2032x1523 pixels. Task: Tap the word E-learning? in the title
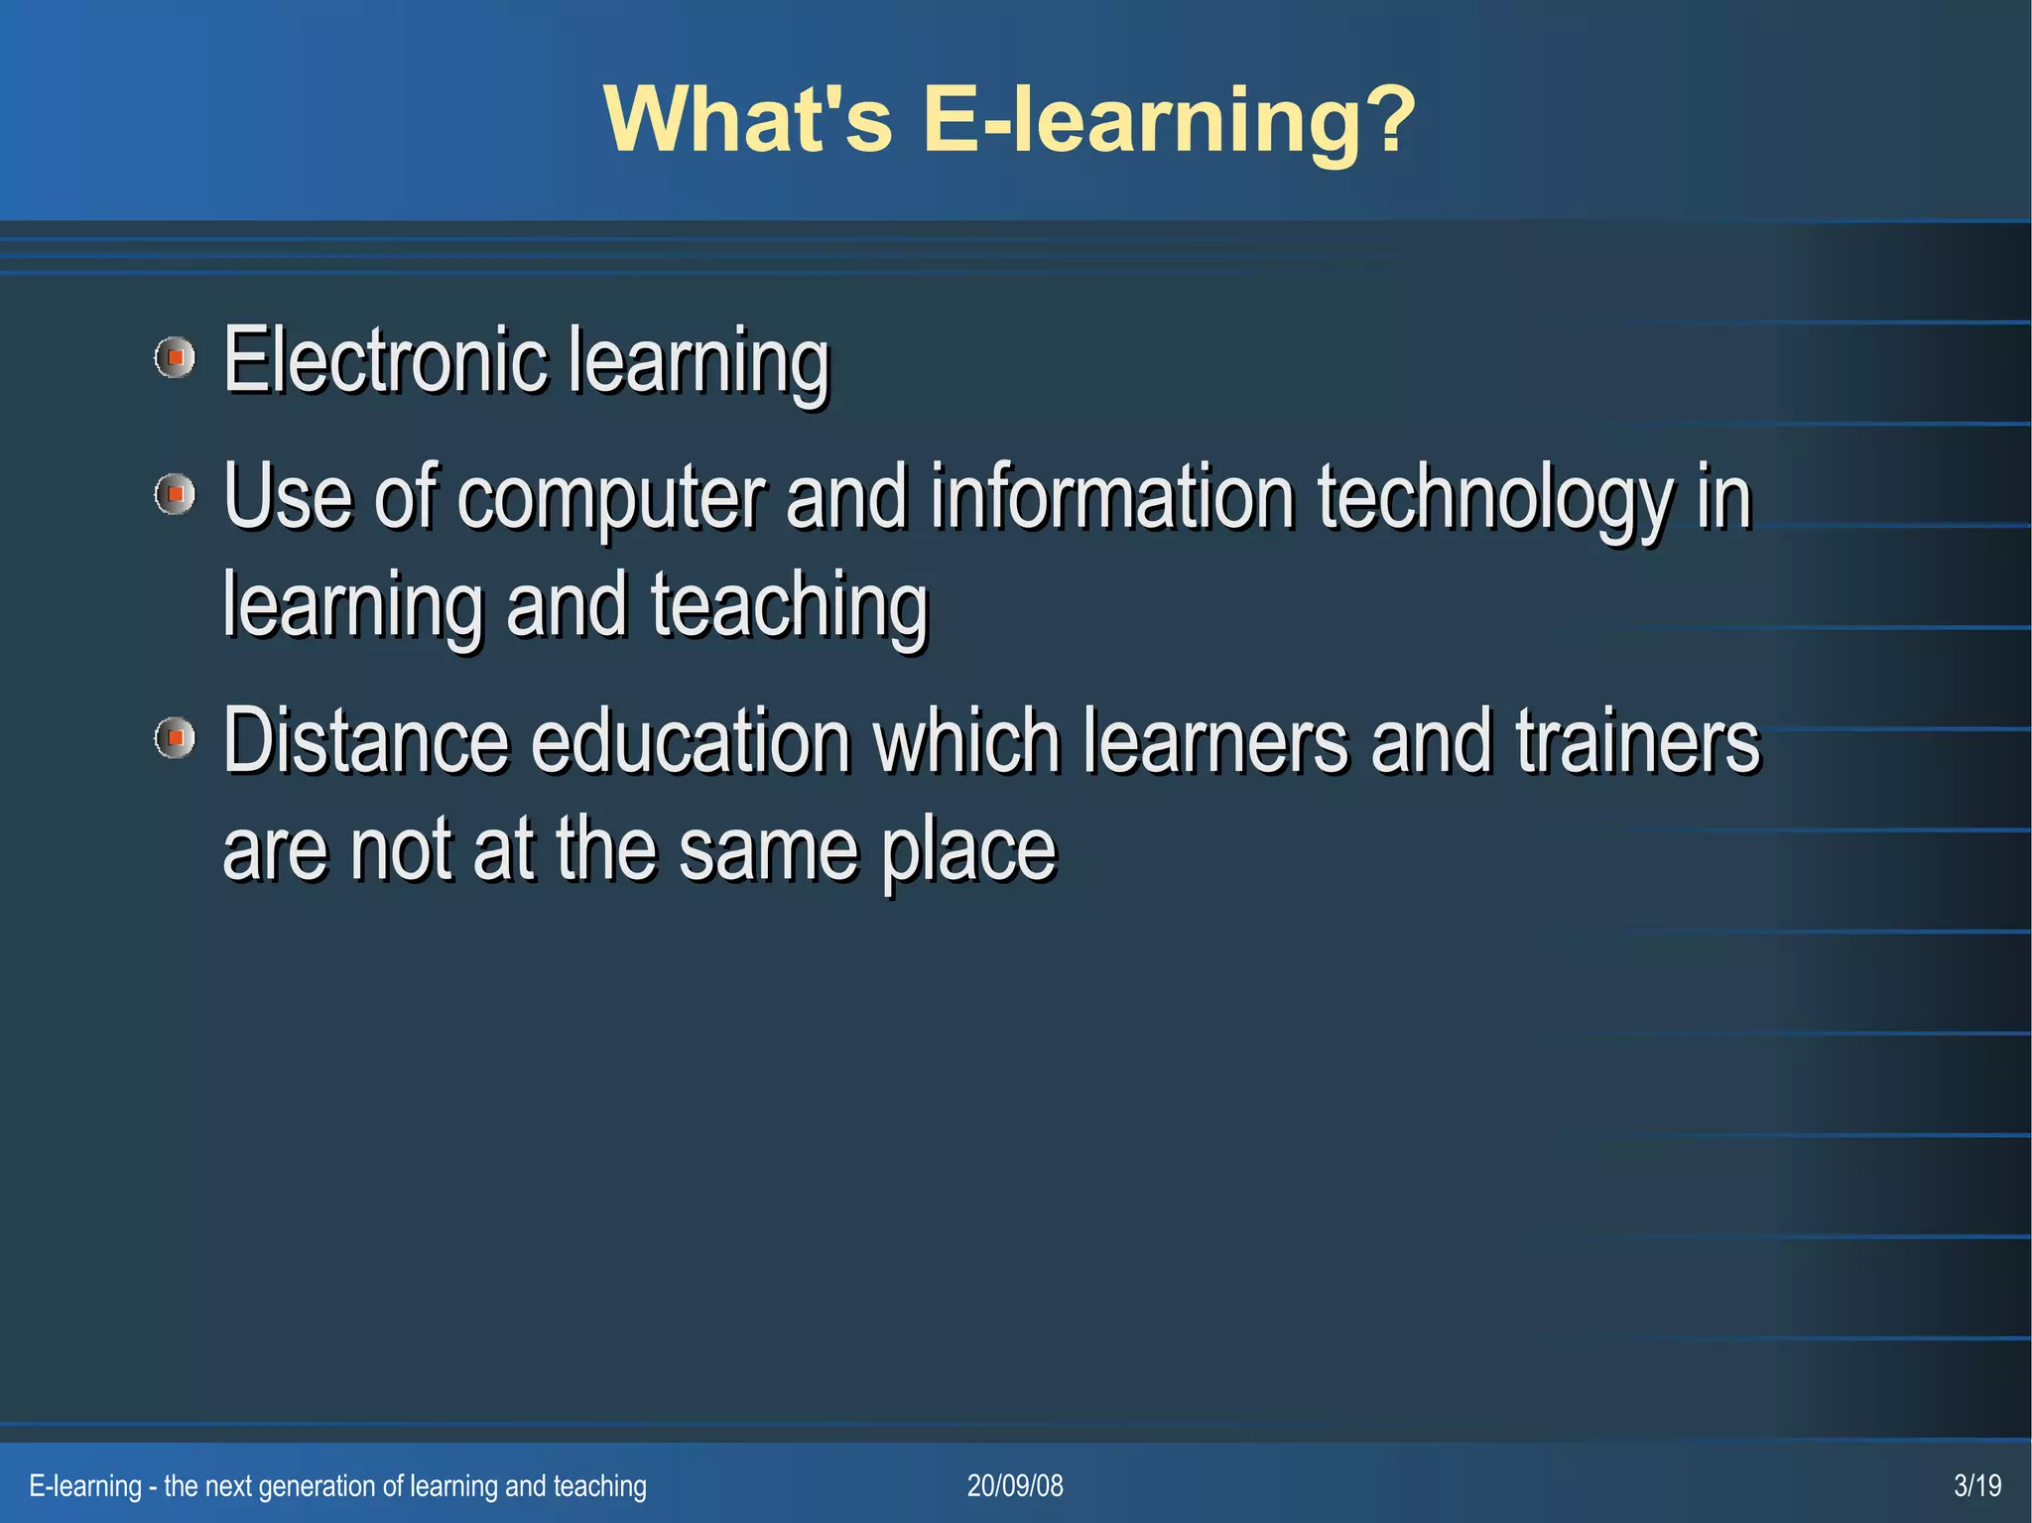(1169, 121)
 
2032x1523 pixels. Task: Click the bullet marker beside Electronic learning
(176, 357)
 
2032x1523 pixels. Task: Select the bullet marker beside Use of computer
(176, 494)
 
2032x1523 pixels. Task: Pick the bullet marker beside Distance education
(176, 738)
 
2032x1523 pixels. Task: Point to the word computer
(611, 498)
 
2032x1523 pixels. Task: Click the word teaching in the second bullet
(789, 606)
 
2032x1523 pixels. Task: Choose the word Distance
(365, 741)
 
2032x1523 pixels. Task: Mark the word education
(691, 741)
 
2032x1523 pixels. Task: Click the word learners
(1215, 741)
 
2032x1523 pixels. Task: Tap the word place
(968, 851)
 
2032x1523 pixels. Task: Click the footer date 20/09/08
(1015, 1485)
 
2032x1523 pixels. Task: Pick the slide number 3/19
(1976, 1485)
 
